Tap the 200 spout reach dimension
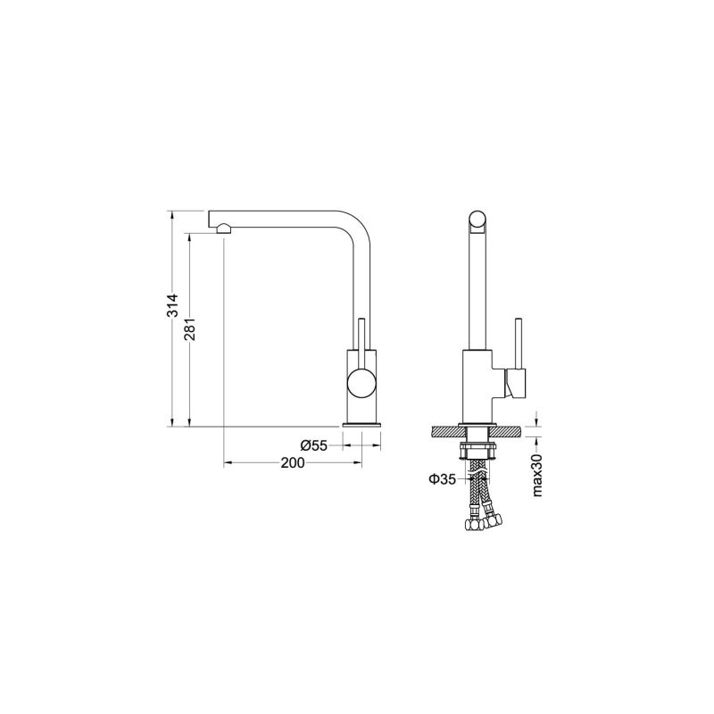coord(292,462)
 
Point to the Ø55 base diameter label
coord(313,444)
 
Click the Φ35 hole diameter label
coord(442,479)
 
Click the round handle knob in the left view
coord(362,383)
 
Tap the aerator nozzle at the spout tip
coord(222,229)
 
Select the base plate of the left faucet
coord(362,422)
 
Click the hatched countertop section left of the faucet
coord(444,432)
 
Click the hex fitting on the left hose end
coord(471,527)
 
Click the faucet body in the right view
coord(478,384)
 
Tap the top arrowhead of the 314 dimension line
coord(173,214)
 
